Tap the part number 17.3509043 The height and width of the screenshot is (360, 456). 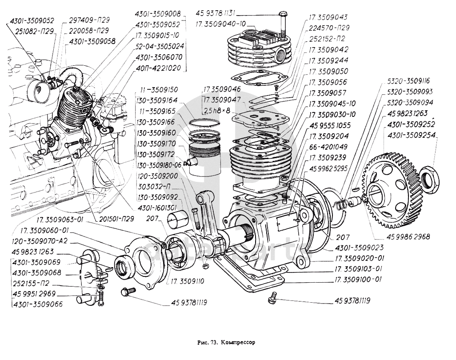[328, 17]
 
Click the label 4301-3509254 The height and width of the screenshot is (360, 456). [412, 134]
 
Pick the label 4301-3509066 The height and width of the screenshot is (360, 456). [38, 304]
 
